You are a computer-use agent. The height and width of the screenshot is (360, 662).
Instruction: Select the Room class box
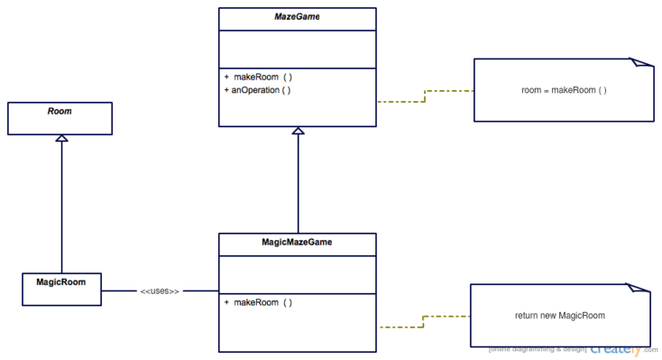(x=60, y=118)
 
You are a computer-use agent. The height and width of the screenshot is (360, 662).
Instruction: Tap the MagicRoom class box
(x=61, y=289)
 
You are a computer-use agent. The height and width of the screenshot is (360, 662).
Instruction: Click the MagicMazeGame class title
(x=298, y=243)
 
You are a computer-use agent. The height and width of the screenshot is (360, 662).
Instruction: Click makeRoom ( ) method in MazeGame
(x=257, y=77)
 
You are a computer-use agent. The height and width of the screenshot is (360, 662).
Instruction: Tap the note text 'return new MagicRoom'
(x=559, y=316)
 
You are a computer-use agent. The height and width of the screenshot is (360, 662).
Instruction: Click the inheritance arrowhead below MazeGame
(x=299, y=132)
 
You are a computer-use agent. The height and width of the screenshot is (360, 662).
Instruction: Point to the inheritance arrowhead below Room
(x=60, y=139)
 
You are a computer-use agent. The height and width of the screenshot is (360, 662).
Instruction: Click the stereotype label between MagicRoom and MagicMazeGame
(x=160, y=291)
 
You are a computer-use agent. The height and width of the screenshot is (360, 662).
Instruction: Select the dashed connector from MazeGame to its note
(x=425, y=96)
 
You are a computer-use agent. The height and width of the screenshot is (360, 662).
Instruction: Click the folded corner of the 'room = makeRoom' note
(x=641, y=63)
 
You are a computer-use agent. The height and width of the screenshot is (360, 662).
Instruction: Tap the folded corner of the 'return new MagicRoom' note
(x=639, y=289)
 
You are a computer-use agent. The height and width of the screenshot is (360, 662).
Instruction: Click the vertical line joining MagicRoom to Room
(x=60, y=208)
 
